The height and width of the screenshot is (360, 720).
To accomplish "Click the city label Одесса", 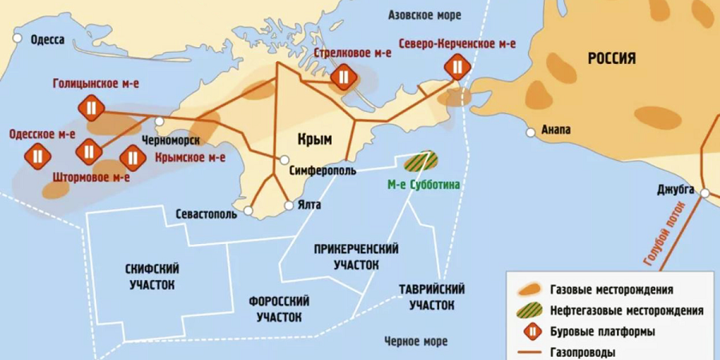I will [x=46, y=39].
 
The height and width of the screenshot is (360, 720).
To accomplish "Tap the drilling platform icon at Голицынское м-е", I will [x=90, y=107].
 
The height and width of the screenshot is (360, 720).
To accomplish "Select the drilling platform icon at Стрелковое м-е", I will [x=343, y=76].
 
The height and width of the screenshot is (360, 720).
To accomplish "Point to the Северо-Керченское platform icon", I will [x=457, y=66].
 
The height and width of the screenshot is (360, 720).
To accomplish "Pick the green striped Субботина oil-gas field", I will [x=420, y=161].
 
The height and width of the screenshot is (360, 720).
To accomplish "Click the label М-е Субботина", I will [x=424, y=185].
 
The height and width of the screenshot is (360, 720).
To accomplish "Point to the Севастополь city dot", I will [x=249, y=210].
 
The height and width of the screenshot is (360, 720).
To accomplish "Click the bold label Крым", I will [x=314, y=138].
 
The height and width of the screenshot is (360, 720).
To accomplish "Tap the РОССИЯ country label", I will [x=611, y=58].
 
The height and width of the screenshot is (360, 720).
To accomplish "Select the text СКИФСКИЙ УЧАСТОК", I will [x=151, y=276].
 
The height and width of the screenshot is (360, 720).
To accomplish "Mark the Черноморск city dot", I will [x=160, y=121].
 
